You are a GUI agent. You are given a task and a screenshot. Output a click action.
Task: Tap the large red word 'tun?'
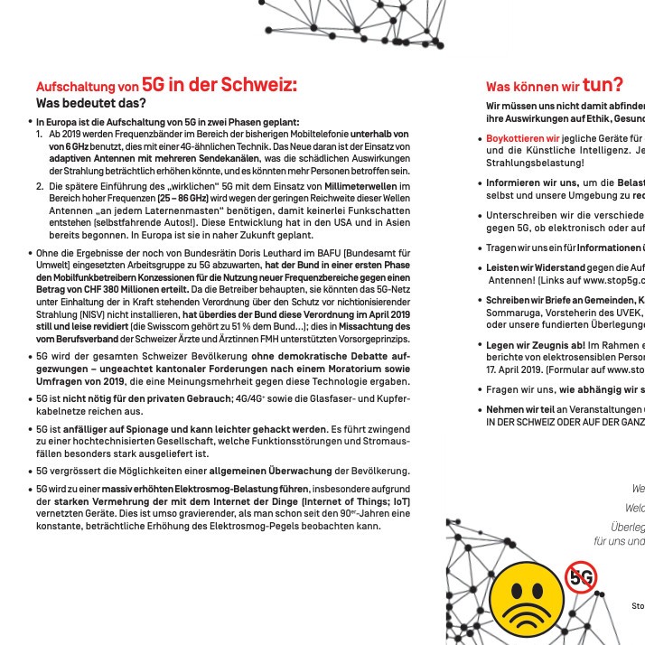602,85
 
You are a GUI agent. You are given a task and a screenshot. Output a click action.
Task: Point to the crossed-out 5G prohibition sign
581,575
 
